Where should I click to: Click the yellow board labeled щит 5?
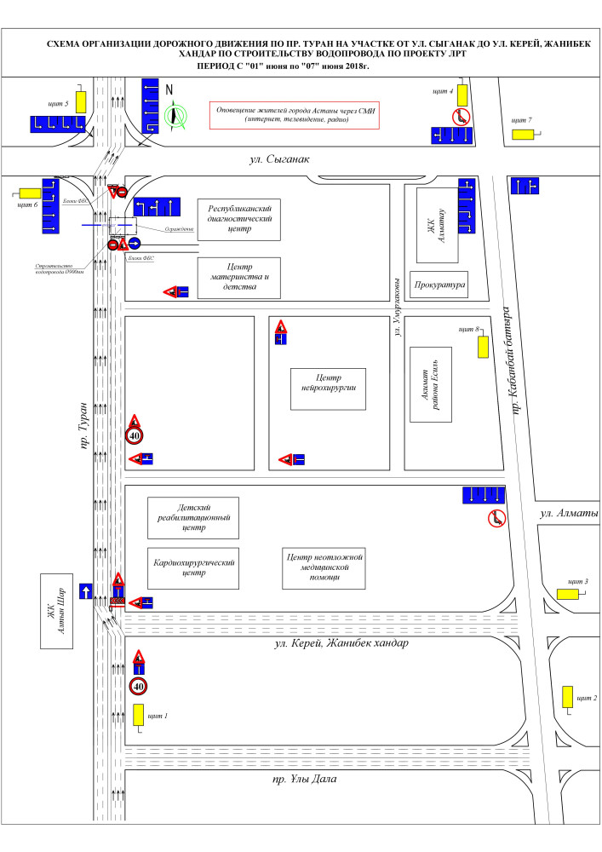81,102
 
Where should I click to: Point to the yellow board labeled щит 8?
482,347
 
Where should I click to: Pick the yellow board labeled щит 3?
568,593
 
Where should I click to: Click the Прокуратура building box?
438,285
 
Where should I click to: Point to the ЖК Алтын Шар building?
59,611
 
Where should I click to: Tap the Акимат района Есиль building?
430,384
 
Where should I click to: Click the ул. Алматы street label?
570,514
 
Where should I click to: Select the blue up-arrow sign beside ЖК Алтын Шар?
85,590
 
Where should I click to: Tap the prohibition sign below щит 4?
462,117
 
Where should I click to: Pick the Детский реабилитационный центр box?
194,517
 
